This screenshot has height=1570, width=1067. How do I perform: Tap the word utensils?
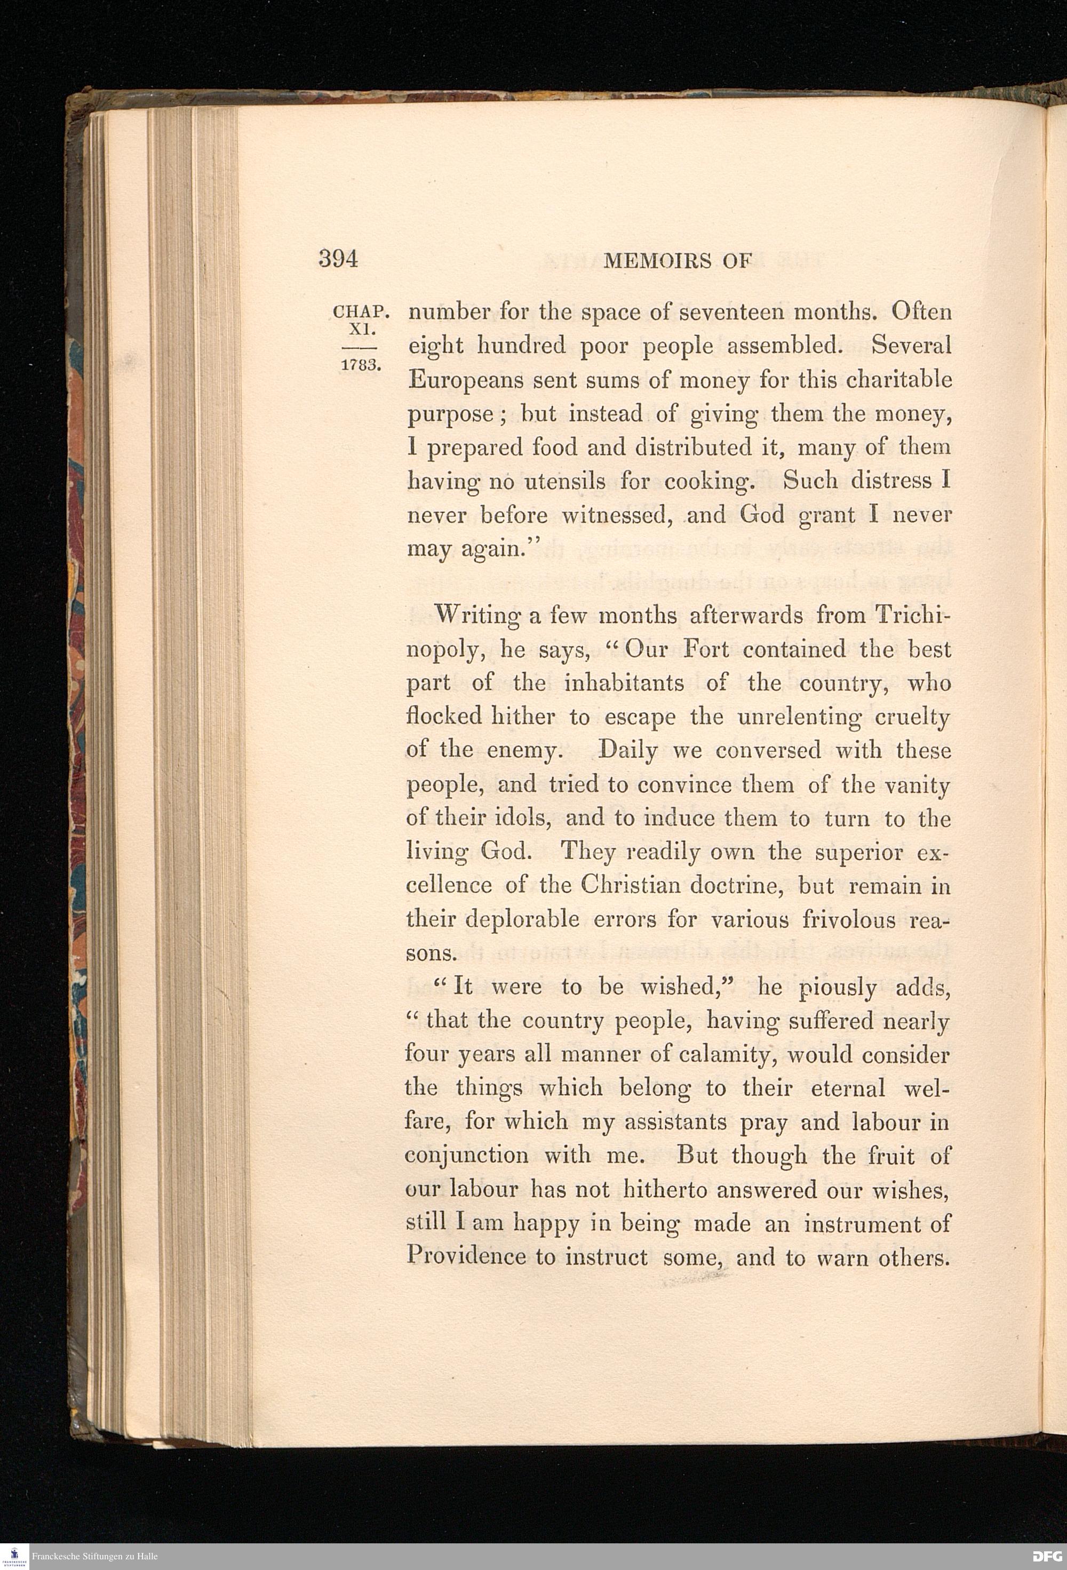pyautogui.click(x=556, y=482)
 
